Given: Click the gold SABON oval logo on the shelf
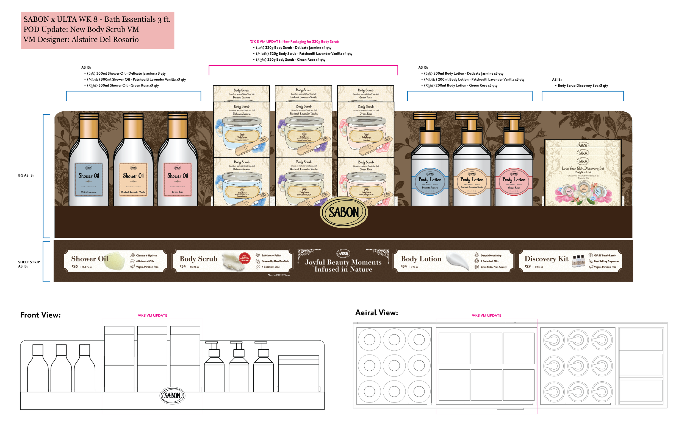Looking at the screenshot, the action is [343, 212].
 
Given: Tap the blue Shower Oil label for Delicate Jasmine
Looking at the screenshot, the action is [89, 179].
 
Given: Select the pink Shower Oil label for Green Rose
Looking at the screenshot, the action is [178, 179].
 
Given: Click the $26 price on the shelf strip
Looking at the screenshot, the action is [75, 266].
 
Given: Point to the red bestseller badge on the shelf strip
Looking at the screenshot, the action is [245, 258].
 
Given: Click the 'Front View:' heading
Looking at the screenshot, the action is [40, 315].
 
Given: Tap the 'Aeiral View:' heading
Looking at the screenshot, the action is [376, 313].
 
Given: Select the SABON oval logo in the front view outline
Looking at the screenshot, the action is [172, 395].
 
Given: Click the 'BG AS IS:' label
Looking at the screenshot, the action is [26, 176].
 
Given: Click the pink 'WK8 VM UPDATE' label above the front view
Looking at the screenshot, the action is [152, 315].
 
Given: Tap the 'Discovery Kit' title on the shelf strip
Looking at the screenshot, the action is [546, 259].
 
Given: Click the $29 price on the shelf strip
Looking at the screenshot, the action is [528, 266].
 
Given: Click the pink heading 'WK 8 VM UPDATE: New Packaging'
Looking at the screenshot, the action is [294, 42].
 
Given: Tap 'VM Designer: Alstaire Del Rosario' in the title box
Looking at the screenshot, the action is [81, 40].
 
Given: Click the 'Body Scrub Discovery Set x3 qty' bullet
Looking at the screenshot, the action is [583, 86].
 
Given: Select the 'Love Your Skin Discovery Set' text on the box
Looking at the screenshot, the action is [583, 168].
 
